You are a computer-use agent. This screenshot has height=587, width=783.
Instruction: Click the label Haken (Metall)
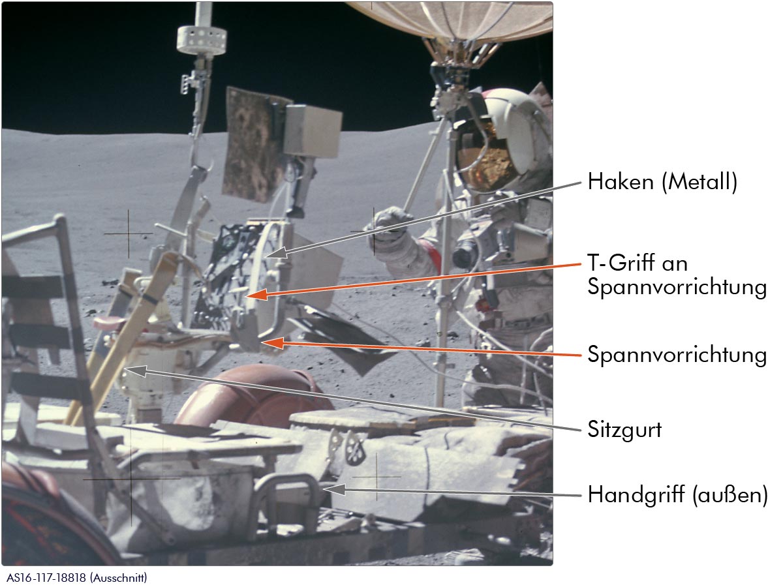pos(662,181)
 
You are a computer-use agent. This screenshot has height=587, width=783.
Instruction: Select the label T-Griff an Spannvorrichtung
pos(677,275)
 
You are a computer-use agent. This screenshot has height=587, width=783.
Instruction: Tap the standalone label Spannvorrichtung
pos(677,354)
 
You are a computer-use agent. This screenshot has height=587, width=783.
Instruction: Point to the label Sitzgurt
pos(624,429)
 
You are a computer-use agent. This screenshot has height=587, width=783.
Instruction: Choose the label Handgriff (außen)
pos(677,494)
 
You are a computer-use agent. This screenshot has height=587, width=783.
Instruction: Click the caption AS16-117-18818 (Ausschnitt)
pos(77,577)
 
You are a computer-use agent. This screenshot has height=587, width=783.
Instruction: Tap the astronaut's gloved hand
pos(390,224)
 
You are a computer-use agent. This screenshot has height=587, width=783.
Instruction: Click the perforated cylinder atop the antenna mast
pos(202,40)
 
